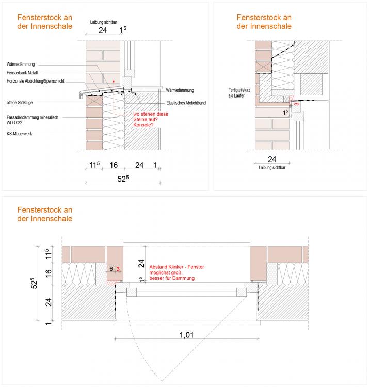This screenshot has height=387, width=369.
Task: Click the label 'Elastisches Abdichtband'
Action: (x=186, y=103)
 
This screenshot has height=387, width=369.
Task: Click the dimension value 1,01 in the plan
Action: (x=186, y=335)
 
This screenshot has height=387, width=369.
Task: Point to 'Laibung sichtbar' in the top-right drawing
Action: (x=272, y=167)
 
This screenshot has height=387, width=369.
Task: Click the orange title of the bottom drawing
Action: (x=44, y=214)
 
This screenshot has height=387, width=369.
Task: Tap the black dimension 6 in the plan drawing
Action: (x=111, y=269)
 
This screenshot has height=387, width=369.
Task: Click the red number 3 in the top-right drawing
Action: (x=296, y=104)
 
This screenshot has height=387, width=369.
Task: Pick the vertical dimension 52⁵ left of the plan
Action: (x=32, y=285)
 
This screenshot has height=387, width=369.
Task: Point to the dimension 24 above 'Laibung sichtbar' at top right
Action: (x=274, y=159)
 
